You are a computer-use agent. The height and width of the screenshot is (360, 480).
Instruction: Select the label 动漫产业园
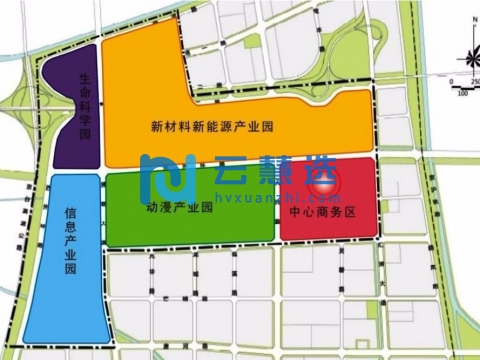tap(181, 209)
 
